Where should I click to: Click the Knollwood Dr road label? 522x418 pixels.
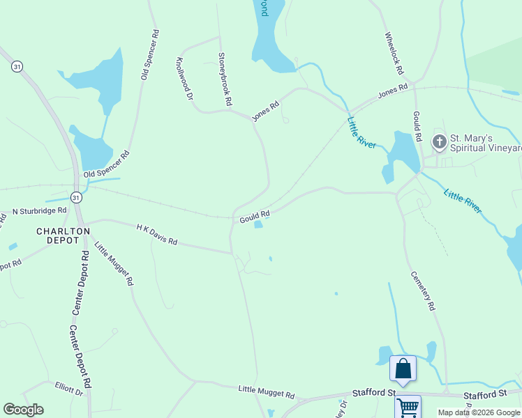184,79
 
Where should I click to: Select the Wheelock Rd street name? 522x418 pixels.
394,53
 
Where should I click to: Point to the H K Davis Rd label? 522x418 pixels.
157,235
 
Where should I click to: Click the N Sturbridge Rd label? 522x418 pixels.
40,210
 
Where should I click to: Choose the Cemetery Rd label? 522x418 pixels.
423,291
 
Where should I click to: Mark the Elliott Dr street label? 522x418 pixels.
69,389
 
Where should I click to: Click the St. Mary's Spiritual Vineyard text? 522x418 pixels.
486,143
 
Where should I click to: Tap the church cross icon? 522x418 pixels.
439,142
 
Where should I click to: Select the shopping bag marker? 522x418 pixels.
403,369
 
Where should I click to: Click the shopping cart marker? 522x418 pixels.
408,407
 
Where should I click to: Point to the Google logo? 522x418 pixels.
23,410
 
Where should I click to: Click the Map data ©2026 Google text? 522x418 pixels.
479,412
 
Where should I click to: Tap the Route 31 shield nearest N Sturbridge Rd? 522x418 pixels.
76,198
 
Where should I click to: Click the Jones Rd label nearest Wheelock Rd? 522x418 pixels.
393,92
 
